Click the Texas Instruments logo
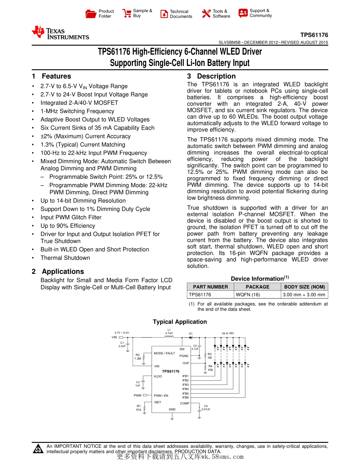[x=60, y=33]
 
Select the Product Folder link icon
[x=91, y=14]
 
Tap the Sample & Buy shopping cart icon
[x=127, y=14]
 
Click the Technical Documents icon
[x=164, y=14]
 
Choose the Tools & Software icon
[x=206, y=14]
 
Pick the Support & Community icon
[x=243, y=13]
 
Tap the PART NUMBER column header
[x=210, y=287]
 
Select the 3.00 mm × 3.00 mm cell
[x=304, y=294]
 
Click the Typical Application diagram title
[x=180, y=322]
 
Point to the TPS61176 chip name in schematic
[x=171, y=372]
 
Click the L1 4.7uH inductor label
[x=169, y=332]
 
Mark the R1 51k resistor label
[x=139, y=408]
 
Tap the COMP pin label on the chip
[x=185, y=403]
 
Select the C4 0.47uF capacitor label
[x=206, y=408]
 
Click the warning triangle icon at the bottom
[x=38, y=449]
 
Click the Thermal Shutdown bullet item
[x=65, y=258]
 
